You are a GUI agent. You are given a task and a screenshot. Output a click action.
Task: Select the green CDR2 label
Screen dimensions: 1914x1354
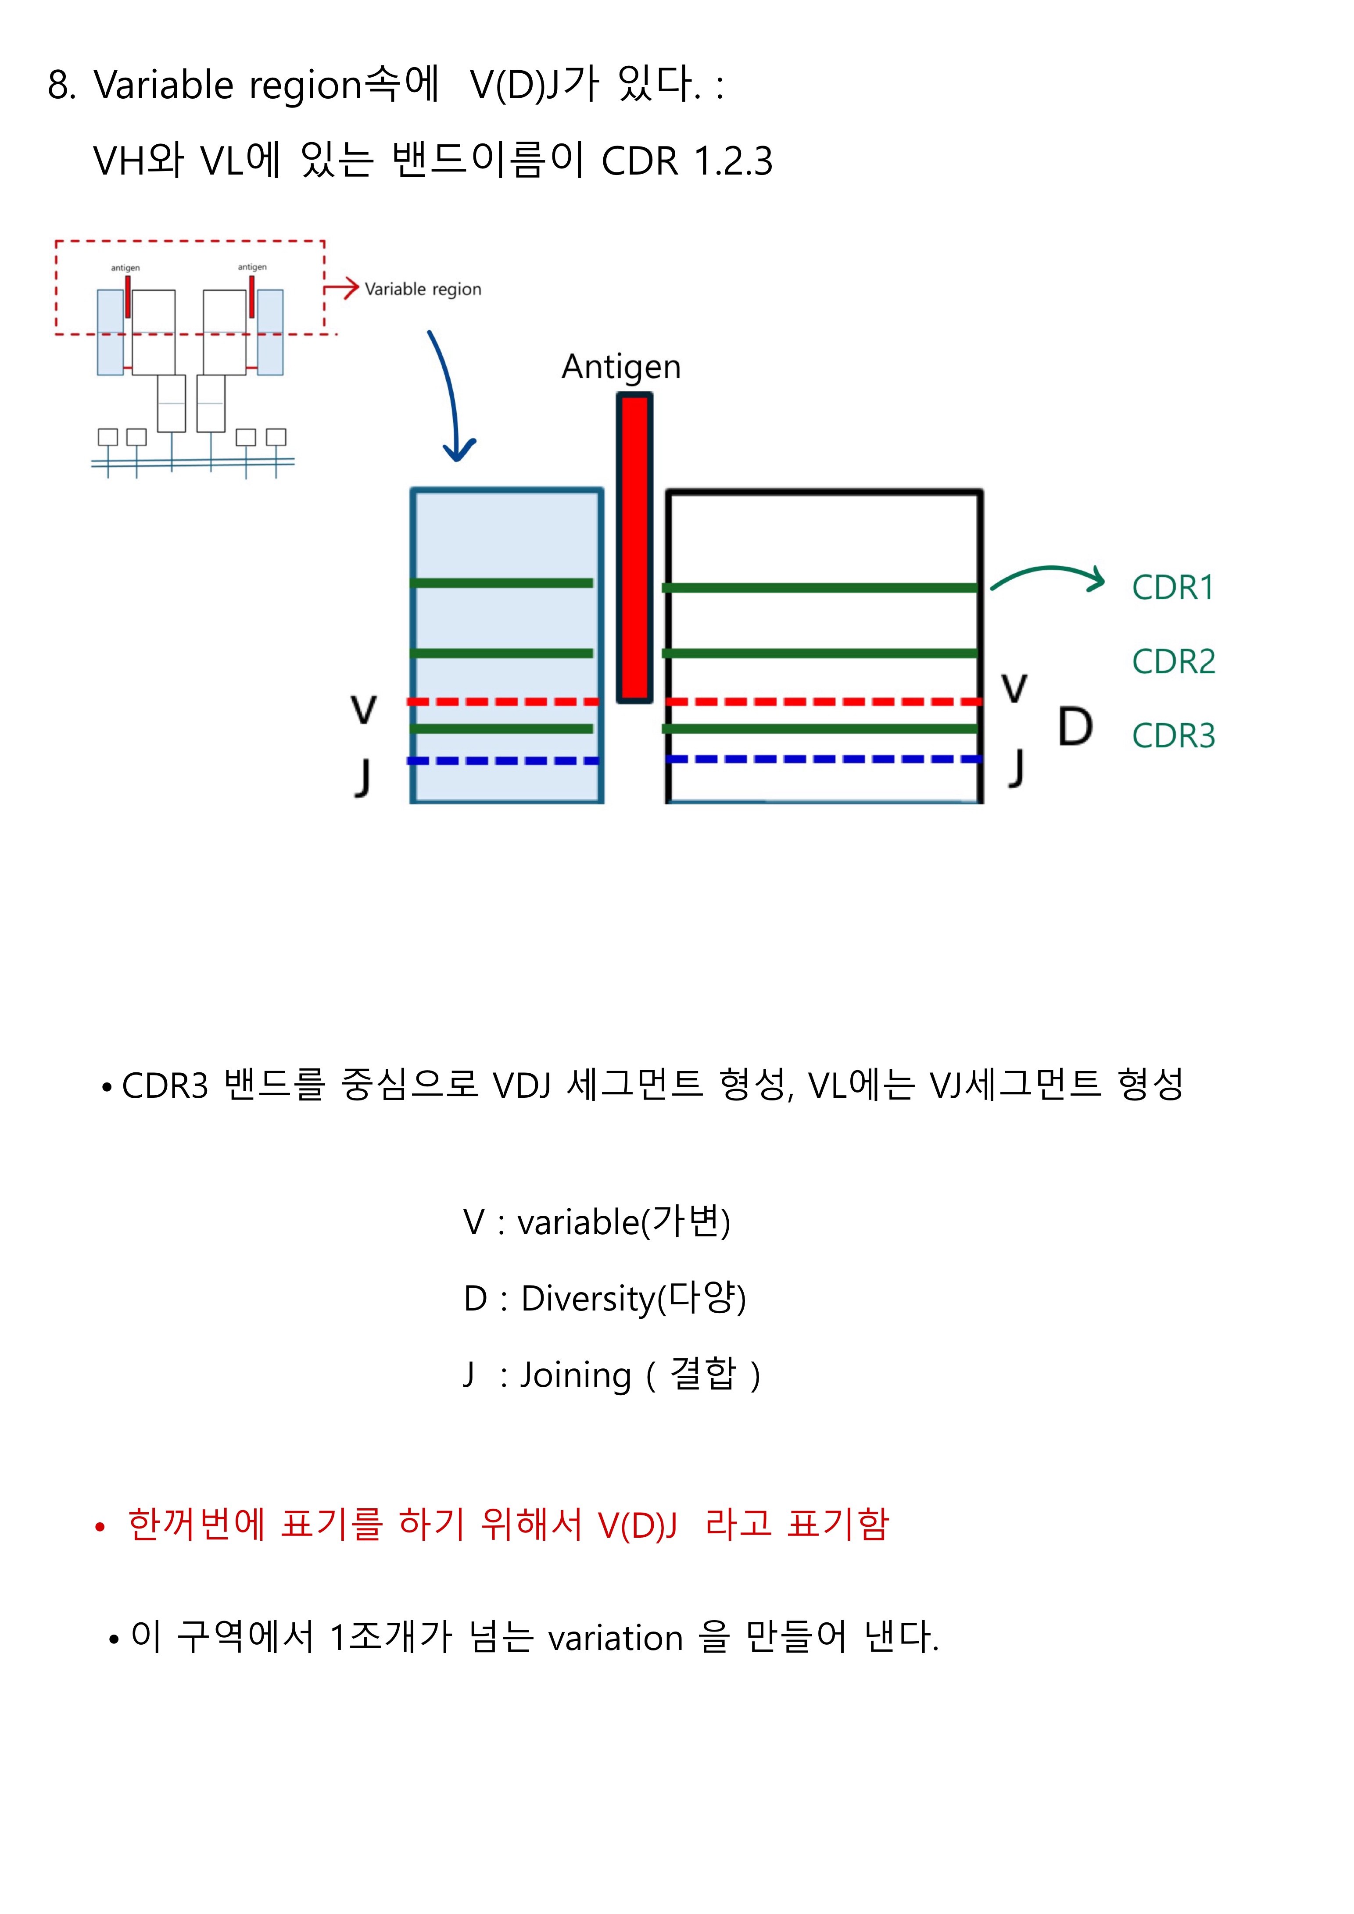tap(1173, 662)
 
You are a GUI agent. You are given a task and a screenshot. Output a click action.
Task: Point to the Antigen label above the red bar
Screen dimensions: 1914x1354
tap(621, 367)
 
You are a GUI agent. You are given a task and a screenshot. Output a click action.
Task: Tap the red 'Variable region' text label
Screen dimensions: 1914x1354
tap(423, 289)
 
